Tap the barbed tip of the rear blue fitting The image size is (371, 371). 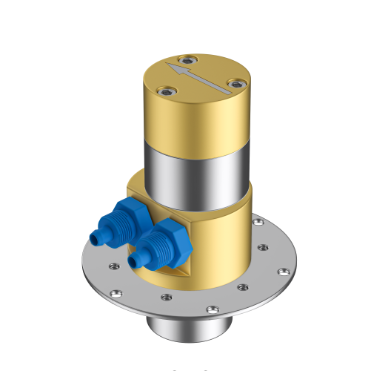click(x=95, y=237)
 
